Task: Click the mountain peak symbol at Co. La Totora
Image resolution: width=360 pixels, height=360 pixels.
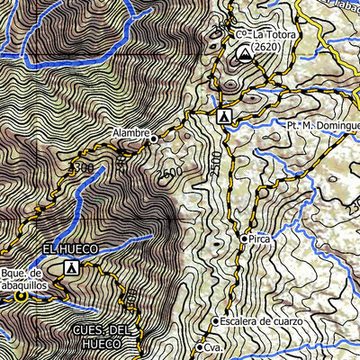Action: click(x=243, y=55)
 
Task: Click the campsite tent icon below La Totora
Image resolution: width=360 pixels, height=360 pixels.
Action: click(x=224, y=117)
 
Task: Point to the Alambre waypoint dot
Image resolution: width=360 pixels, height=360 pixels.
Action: click(x=154, y=139)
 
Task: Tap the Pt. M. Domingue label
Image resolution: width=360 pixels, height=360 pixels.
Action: click(x=322, y=126)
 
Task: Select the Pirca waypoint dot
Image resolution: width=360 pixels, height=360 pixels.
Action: click(x=244, y=238)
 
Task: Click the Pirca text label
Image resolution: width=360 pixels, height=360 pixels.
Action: click(x=261, y=238)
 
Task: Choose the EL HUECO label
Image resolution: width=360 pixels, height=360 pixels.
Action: click(x=68, y=247)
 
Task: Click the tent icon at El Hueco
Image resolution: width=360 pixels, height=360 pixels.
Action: click(x=71, y=267)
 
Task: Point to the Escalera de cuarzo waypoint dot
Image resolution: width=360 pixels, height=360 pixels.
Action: click(x=215, y=321)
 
